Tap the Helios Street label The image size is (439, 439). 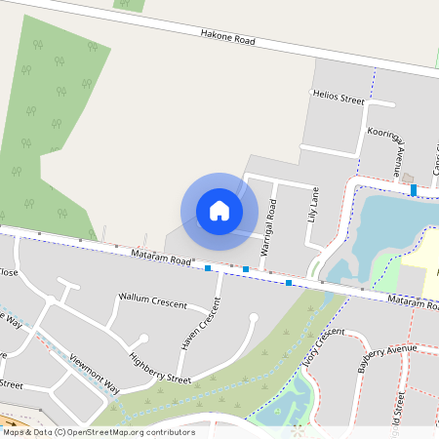[x=338, y=99]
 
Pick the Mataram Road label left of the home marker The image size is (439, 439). [x=160, y=259]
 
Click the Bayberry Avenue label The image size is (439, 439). [x=386, y=356]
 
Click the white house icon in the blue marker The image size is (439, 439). [x=219, y=211]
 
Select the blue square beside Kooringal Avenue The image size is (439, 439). [x=415, y=190]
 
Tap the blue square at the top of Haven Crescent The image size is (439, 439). [x=208, y=267]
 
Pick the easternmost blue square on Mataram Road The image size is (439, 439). [x=289, y=283]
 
